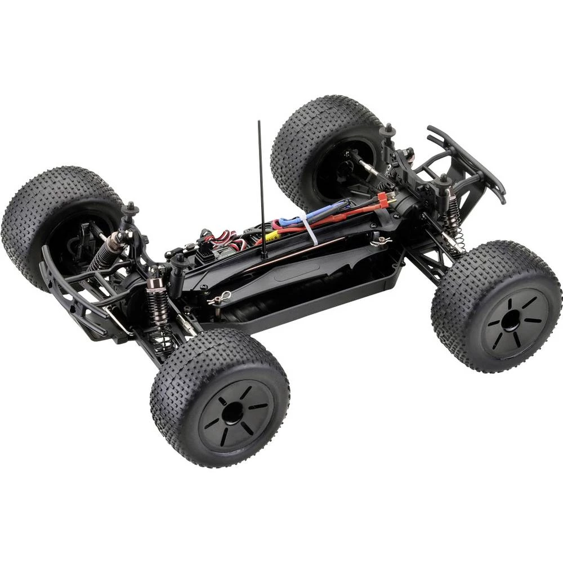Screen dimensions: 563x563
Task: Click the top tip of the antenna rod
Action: click(x=259, y=122)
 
